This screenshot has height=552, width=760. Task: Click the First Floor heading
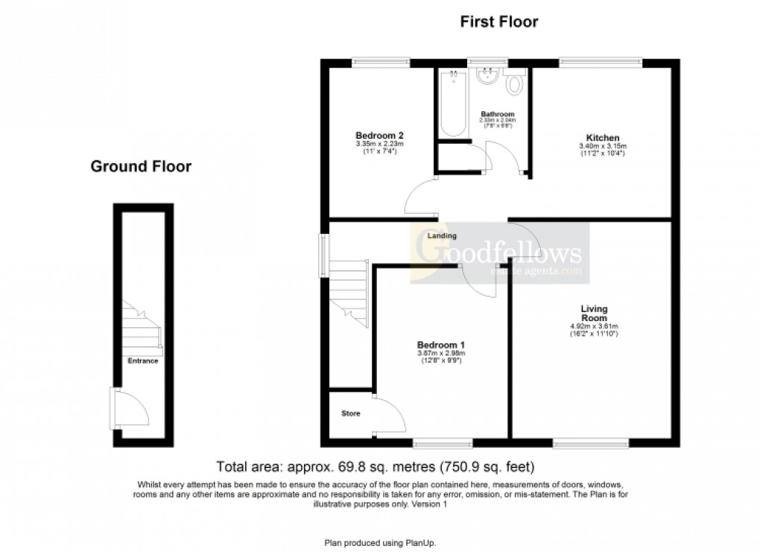[x=498, y=22]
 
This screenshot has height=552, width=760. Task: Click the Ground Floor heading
[x=141, y=166]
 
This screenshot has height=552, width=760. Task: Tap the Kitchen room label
[x=603, y=139]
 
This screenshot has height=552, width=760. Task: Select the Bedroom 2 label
[x=379, y=135]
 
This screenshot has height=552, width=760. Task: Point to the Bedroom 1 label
[x=441, y=345]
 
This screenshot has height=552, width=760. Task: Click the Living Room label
[x=595, y=313]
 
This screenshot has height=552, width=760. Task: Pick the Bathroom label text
[x=498, y=114]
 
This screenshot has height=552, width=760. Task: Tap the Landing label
[x=442, y=236]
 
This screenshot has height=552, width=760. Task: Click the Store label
[x=351, y=413]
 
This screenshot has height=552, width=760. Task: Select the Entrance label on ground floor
[x=142, y=361]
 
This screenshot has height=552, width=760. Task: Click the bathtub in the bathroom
[x=452, y=104]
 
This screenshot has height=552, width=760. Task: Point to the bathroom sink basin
[x=489, y=77]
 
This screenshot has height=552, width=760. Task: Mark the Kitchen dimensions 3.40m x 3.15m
[x=603, y=147]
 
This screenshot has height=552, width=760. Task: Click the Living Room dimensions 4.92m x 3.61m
[x=595, y=326]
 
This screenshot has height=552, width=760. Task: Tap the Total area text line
[x=376, y=468]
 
